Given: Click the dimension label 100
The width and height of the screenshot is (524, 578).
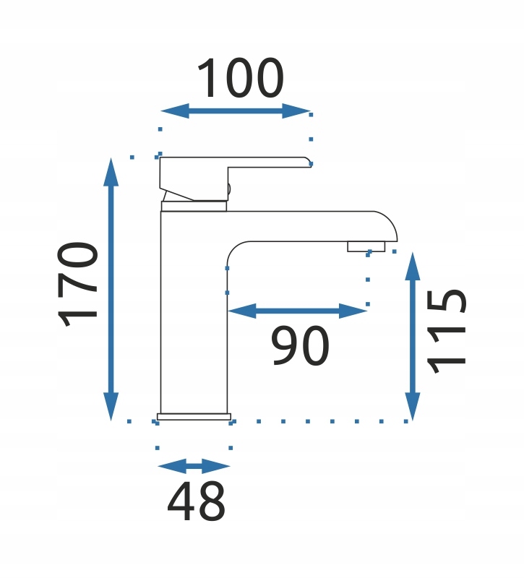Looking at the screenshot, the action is click(x=241, y=78).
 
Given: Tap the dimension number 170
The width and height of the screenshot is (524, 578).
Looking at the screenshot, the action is click(x=78, y=284).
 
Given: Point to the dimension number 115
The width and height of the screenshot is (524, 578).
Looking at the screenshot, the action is click(x=447, y=332).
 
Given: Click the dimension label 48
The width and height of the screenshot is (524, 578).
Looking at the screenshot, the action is click(x=196, y=501).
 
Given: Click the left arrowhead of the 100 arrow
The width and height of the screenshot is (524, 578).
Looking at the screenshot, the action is click(x=175, y=111).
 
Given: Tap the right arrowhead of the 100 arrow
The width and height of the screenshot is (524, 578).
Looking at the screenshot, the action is click(x=296, y=111).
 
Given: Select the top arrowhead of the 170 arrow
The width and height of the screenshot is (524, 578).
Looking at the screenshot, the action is click(x=111, y=171).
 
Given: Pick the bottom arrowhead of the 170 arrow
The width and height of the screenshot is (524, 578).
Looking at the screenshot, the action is click(x=111, y=406).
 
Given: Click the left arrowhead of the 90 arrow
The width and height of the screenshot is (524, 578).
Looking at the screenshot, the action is click(x=242, y=311).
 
